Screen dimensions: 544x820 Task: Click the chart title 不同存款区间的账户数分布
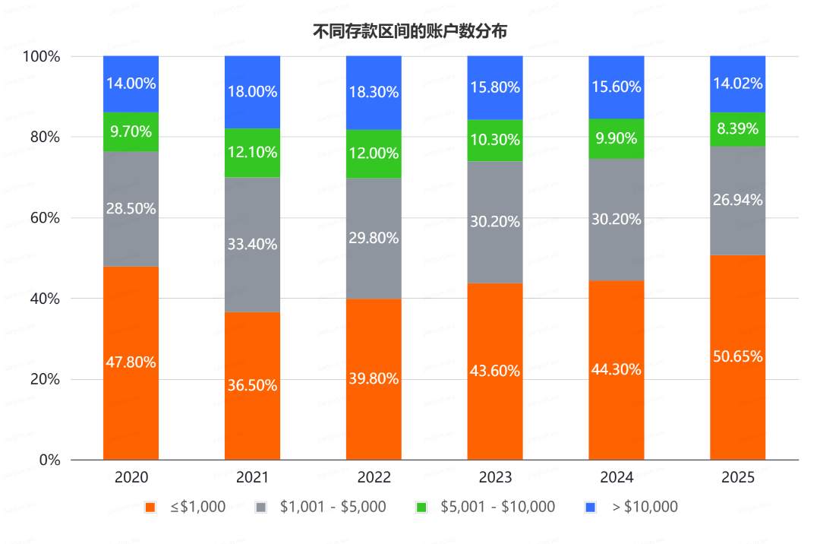[410, 31]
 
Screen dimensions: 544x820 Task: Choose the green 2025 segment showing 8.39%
[737, 129]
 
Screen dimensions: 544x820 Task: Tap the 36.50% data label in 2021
[252, 385]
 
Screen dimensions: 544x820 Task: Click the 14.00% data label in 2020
[131, 84]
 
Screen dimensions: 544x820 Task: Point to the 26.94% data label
[737, 200]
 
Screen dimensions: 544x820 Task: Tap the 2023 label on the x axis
[495, 478]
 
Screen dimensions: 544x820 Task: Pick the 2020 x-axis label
[131, 478]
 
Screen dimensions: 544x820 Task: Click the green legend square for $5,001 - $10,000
[424, 507]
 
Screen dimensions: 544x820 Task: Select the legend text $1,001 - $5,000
[333, 507]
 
